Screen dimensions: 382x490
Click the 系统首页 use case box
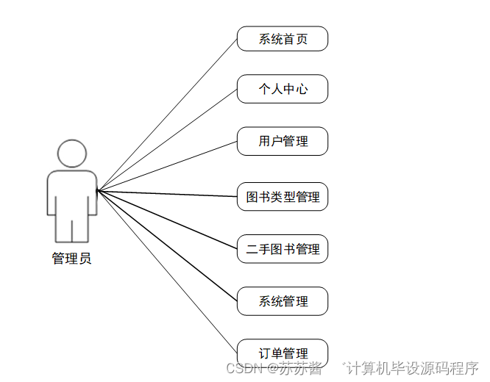[283, 39]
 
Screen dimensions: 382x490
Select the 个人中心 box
[283, 90]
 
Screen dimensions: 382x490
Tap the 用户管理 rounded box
[283, 141]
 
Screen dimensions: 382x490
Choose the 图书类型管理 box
[283, 197]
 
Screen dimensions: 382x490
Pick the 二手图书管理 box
[283, 249]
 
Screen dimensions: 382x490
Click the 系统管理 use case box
[283, 301]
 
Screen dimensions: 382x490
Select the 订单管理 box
[283, 353]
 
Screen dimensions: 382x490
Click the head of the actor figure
[72, 154]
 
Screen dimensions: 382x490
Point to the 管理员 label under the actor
[72, 259]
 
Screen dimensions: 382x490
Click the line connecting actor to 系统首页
[167, 115]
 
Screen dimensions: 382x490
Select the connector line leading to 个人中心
[167, 140]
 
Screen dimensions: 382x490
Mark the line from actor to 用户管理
[167, 166]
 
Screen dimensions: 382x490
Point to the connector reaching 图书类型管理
[167, 194]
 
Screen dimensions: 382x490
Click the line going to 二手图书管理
[167, 220]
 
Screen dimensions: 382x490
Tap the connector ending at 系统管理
[167, 246]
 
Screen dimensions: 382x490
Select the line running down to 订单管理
[167, 272]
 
